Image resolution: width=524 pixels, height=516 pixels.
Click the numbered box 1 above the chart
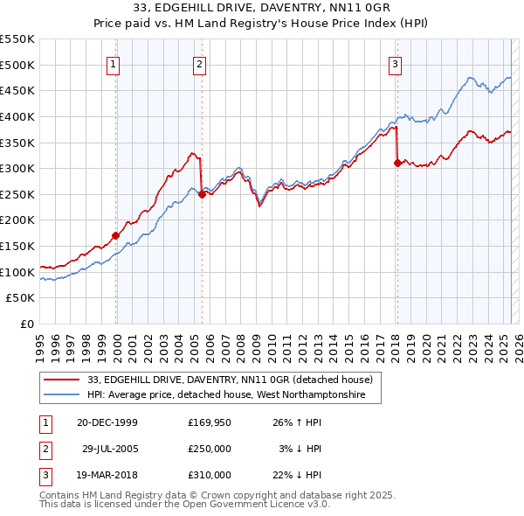(114, 63)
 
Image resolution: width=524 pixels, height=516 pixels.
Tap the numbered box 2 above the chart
(200, 63)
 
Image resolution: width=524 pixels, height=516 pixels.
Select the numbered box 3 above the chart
(396, 63)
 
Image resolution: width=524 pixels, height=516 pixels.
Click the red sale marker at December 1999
(115, 235)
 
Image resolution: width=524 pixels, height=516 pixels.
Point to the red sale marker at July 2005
(202, 194)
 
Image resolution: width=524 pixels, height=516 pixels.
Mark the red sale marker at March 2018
(397, 163)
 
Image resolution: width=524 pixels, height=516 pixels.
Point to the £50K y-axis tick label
(21, 298)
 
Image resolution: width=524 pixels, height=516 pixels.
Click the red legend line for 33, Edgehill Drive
(62, 380)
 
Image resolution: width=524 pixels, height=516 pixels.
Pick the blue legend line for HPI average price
(62, 395)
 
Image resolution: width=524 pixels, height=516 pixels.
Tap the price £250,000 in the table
(210, 449)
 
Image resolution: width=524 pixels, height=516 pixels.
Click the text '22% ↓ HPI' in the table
(298, 475)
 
